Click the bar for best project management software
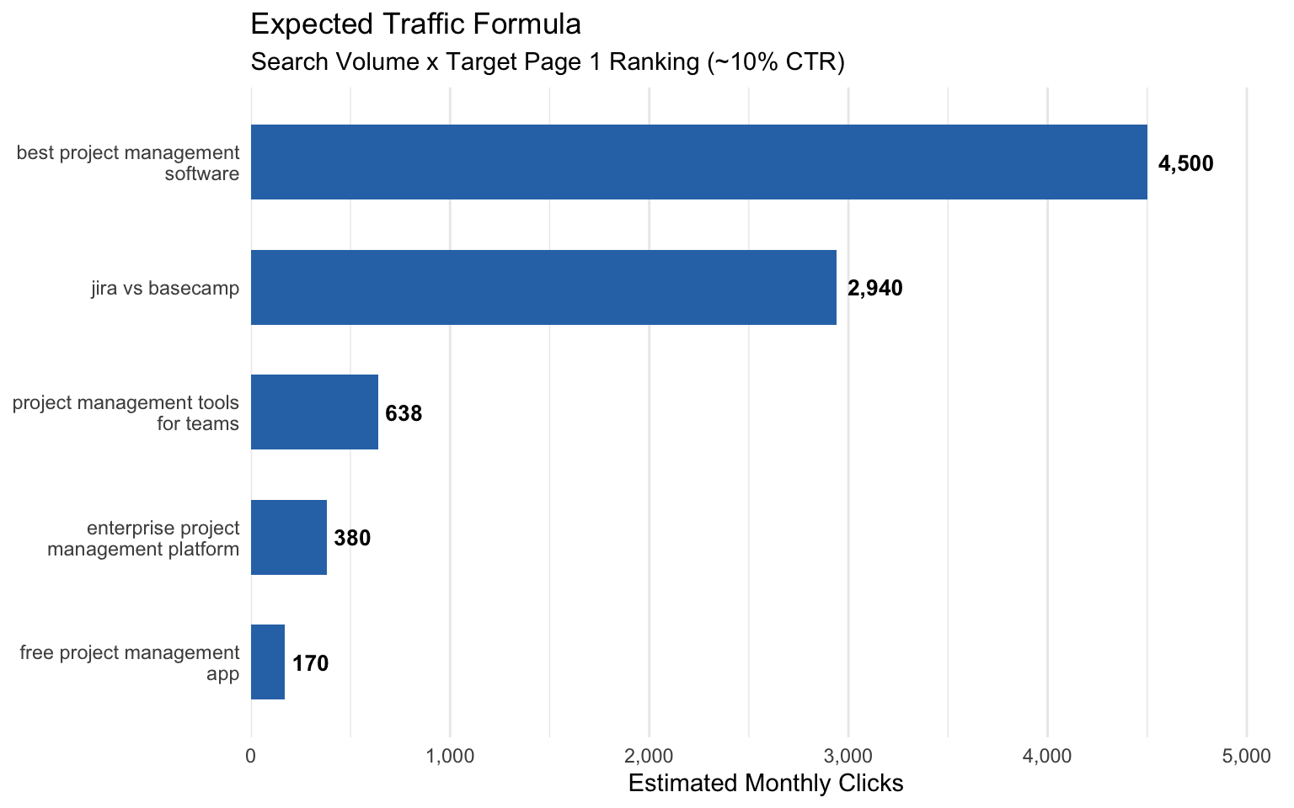tap(698, 162)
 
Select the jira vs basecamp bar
tap(543, 287)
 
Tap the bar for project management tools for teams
tap(314, 412)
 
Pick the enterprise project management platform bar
tap(289, 537)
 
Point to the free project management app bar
tap(268, 662)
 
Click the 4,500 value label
tap(1185, 163)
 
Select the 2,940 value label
tap(874, 289)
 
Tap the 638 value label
tap(404, 413)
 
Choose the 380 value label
tap(352, 538)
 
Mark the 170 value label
tap(310, 663)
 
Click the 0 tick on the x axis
tap(251, 756)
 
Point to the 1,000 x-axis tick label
tap(450, 756)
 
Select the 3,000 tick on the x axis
tap(848, 756)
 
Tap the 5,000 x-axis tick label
tap(1246, 756)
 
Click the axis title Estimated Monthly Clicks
tap(766, 784)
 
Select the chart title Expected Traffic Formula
tap(415, 24)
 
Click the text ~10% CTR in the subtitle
tap(773, 62)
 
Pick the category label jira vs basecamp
tap(165, 289)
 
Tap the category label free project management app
tap(130, 663)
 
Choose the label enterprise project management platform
tap(143, 539)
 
